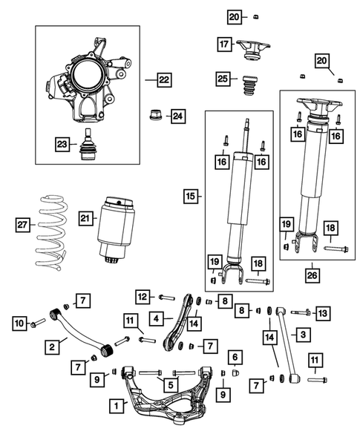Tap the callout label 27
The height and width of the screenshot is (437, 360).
point(24,223)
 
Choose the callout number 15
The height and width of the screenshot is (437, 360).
point(192,197)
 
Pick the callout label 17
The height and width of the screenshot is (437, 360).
point(223,45)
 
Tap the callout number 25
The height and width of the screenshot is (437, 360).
point(223,79)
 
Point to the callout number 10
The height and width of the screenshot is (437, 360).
point(19,323)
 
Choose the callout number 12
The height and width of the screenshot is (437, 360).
point(143,297)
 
